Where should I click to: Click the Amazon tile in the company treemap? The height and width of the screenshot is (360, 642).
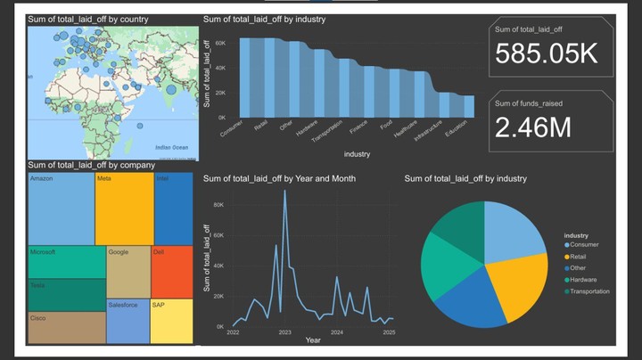60,209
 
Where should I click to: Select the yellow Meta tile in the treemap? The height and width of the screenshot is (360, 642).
123,209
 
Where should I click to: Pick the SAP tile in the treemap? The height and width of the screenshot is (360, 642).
171,321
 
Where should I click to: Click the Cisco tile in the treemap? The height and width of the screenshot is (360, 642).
65,327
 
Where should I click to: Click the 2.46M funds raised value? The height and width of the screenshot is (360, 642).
533,127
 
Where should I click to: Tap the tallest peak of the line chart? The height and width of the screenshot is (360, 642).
285,192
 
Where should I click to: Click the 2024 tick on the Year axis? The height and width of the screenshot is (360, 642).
337,332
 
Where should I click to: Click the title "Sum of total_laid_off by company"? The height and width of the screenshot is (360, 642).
91,165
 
